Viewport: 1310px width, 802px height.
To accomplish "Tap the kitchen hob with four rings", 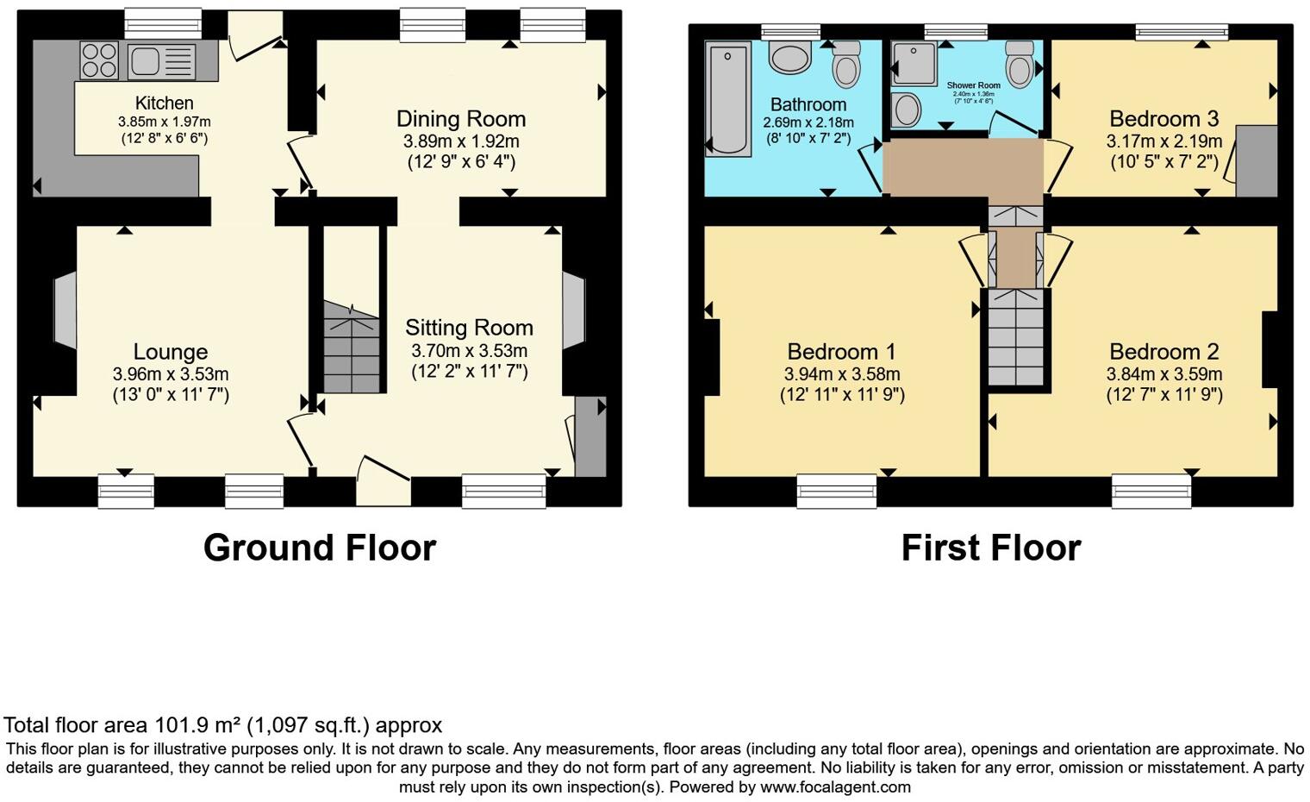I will pos(99,60).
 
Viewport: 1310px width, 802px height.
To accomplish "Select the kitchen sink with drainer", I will pos(161,61).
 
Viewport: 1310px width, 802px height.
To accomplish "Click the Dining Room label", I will pos(460,119).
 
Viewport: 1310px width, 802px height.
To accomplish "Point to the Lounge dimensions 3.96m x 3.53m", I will pos(171,374).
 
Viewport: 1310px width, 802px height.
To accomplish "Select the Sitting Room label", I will pos(469,328).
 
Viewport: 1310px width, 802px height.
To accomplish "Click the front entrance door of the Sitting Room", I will pos(379,481).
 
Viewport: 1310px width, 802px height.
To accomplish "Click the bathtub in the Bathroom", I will pos(727,100).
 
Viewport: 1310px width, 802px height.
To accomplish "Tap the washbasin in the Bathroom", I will pos(790,58).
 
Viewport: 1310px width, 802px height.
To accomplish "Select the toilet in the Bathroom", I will pos(846,60).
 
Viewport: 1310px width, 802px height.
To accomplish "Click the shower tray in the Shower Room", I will pos(914,63).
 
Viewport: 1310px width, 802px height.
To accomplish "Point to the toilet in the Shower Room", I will pos(1020,63).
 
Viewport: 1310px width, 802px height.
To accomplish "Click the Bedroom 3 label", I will pos(1163,119).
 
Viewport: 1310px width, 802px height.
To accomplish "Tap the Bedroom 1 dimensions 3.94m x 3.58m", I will pos(841,374).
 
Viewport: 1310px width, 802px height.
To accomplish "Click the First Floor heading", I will pos(990,548).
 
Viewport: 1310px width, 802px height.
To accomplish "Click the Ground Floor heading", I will pos(320,548).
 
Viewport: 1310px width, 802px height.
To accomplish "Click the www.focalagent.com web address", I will pos(835,786).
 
